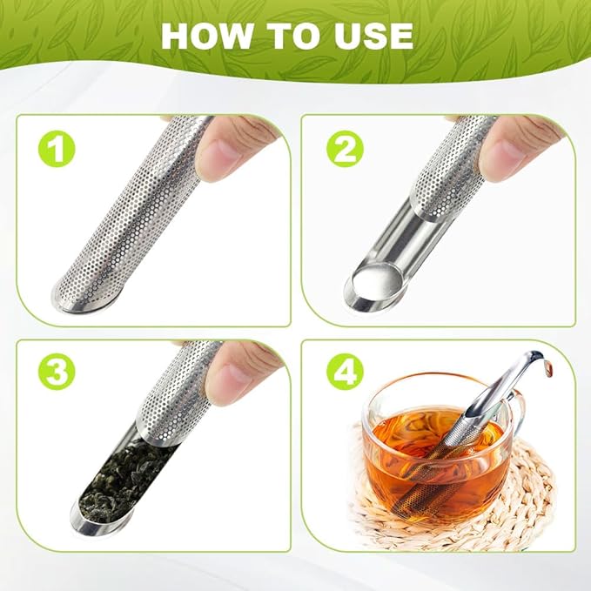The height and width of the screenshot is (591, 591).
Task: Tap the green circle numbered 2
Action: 344,150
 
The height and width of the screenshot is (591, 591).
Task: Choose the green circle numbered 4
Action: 344,373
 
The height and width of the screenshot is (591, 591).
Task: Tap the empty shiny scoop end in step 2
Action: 370,285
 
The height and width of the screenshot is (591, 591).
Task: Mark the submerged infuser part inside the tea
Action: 435,470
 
